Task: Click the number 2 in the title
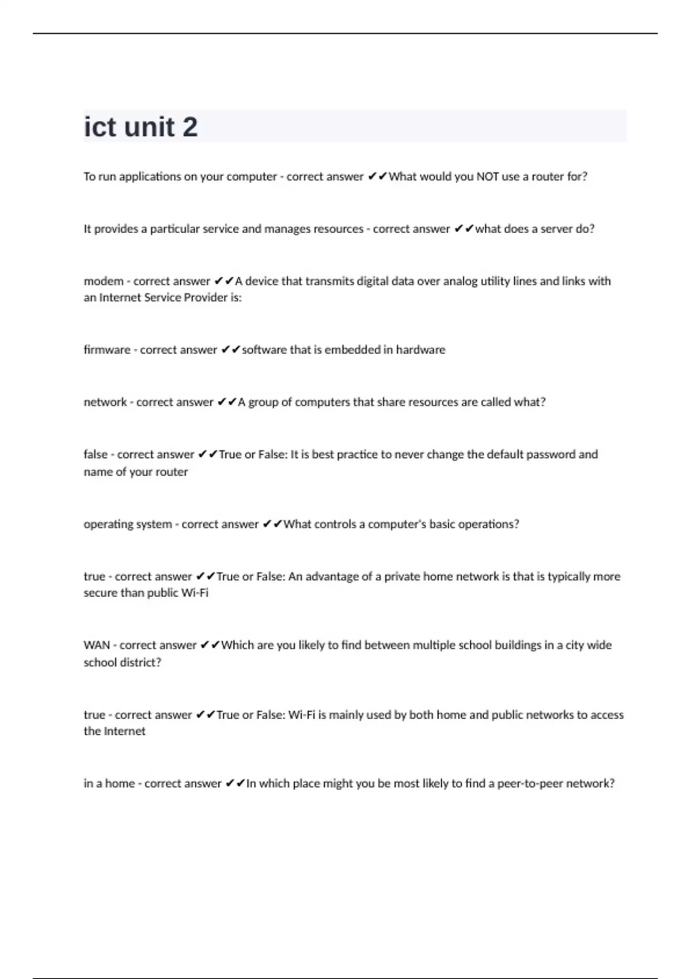point(189,127)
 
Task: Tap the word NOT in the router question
point(487,177)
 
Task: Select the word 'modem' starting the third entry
point(104,282)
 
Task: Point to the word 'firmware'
point(107,350)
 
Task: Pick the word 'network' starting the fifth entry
point(105,403)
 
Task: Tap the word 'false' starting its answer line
point(96,455)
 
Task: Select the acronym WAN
point(97,646)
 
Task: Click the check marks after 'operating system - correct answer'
point(272,525)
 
